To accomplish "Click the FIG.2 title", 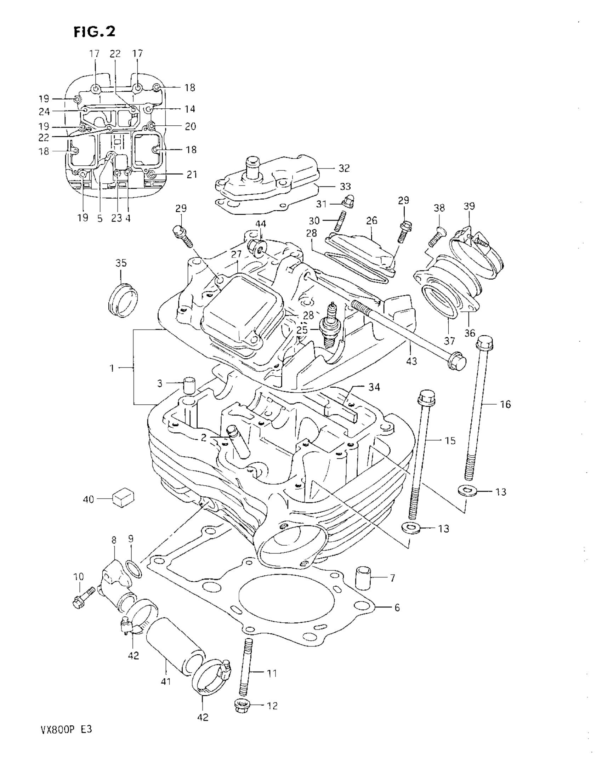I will [x=95, y=32].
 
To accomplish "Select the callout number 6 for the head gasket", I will [x=397, y=607].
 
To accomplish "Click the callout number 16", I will [x=505, y=404].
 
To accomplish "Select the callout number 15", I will [x=450, y=440].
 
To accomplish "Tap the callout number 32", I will [x=344, y=168].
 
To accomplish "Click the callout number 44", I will [x=260, y=224].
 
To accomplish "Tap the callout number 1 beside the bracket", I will [x=112, y=367].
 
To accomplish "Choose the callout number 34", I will [x=374, y=387].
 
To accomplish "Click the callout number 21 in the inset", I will [x=192, y=175].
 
